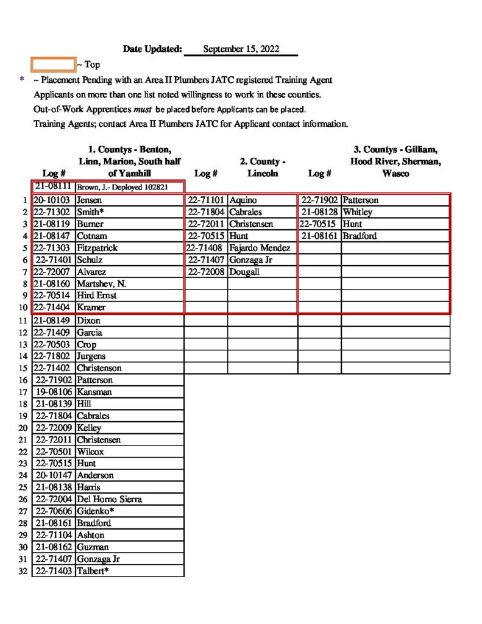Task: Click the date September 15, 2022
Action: click(x=241, y=49)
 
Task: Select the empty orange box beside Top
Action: click(x=54, y=64)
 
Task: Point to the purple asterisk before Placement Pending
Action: click(x=23, y=80)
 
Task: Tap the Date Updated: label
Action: click(x=152, y=49)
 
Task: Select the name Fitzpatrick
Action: click(x=97, y=248)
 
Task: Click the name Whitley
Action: click(x=357, y=212)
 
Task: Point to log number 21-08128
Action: click(x=319, y=212)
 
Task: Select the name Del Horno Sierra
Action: click(x=109, y=499)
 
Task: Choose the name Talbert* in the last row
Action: click(x=93, y=571)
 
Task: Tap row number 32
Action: click(x=23, y=571)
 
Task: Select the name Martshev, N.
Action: click(x=101, y=283)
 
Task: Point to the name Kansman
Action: click(x=94, y=392)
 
